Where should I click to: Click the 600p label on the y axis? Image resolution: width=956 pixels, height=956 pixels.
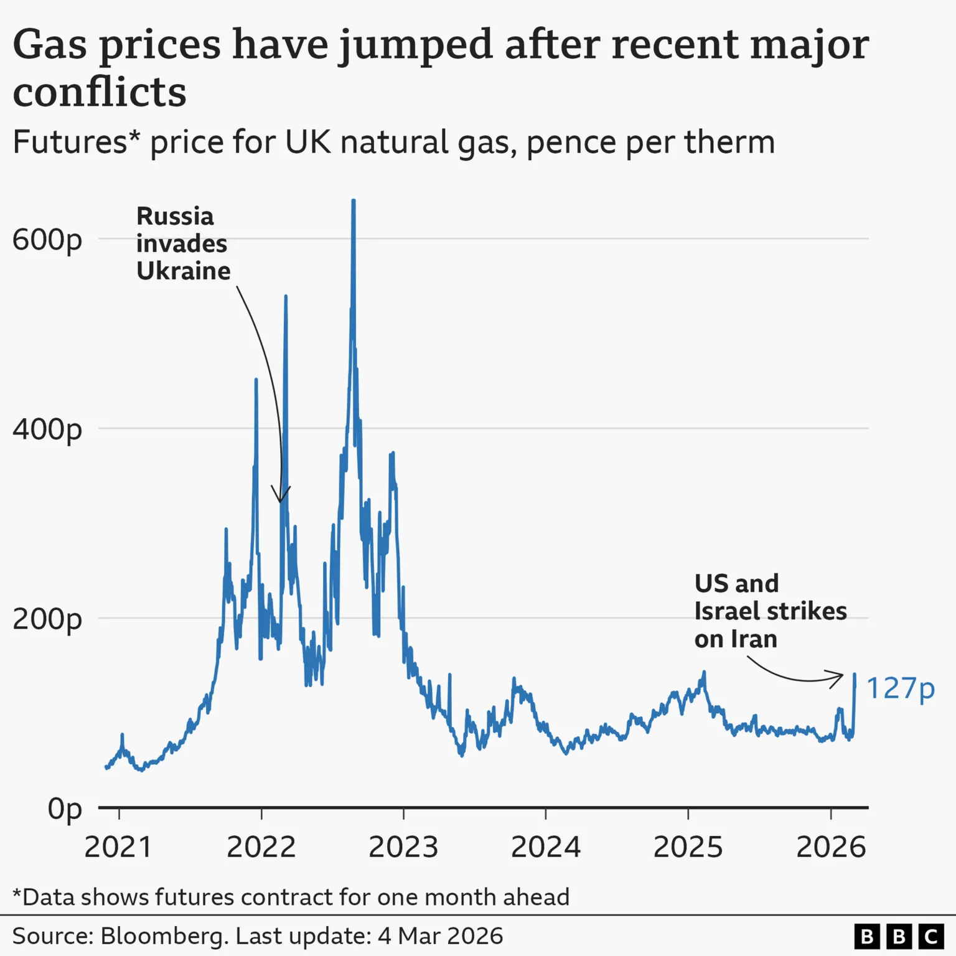click(47, 240)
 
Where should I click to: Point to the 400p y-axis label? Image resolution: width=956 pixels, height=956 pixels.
click(47, 429)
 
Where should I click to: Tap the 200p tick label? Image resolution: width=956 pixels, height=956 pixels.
click(47, 619)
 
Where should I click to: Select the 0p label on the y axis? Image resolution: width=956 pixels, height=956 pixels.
click(65, 809)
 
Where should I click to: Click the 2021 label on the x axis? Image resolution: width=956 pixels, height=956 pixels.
click(118, 847)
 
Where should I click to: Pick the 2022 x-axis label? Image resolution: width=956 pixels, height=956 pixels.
click(261, 847)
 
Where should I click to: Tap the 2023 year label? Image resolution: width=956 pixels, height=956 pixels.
click(403, 847)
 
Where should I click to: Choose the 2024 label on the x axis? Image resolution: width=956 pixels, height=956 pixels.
click(545, 847)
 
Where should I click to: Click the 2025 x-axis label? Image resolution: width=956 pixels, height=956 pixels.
click(688, 847)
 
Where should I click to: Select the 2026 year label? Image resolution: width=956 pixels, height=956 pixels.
click(831, 847)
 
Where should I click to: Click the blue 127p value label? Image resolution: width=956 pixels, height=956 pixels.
click(900, 688)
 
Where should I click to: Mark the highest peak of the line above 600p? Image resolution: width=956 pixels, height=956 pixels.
click(354, 201)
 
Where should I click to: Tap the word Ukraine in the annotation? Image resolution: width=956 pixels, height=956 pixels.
click(183, 271)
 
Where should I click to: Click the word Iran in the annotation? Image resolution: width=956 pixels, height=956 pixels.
click(754, 639)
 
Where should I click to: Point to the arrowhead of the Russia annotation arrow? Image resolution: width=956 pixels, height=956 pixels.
click(281, 499)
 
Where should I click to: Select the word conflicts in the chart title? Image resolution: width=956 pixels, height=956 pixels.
click(100, 92)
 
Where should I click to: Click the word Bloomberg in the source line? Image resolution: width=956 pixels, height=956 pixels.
click(164, 936)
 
